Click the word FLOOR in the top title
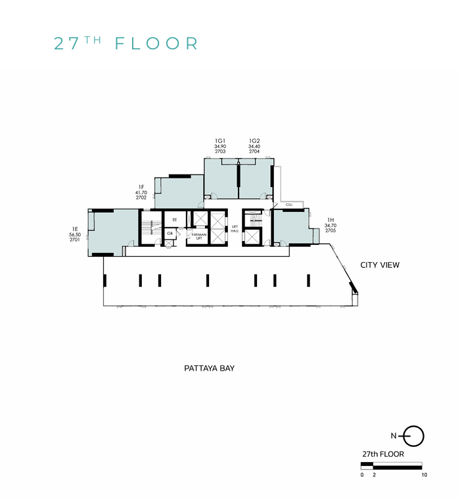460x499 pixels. pos(156,44)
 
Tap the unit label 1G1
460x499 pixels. pos(220,140)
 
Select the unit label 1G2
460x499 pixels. pos(254,140)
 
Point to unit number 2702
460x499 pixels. pos(141,197)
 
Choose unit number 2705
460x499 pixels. pos(331,231)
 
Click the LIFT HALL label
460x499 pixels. pos(235,228)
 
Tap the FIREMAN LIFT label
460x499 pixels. pos(200,236)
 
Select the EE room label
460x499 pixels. pos(175,220)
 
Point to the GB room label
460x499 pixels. pos(170,233)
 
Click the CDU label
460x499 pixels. pos(288,205)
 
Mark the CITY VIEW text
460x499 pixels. pos(380,265)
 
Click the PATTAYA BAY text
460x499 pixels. pos(209,369)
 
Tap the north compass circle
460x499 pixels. pos(414,435)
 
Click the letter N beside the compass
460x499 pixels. pos(393,436)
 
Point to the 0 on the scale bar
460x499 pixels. pos(362,475)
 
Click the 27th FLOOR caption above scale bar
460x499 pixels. pos(382,454)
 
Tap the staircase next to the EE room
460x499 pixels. pos(150,228)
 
